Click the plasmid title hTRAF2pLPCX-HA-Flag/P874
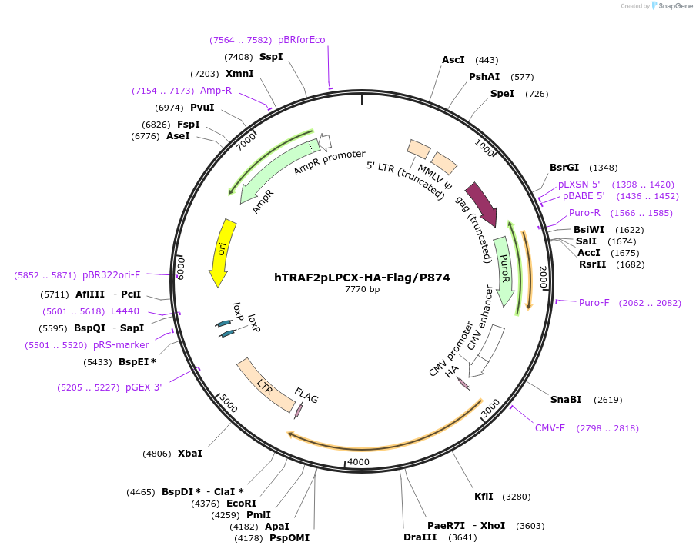point(362,278)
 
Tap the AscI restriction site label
point(453,60)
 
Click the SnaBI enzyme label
point(566,399)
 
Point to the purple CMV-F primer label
point(550,427)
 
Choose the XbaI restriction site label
point(190,453)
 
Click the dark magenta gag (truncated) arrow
point(481,204)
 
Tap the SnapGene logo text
point(672,6)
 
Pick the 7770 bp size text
point(362,290)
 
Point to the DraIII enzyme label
point(420,537)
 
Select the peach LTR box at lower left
point(266,384)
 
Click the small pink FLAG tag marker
point(299,411)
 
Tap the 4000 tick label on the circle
point(359,462)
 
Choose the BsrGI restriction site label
point(564,168)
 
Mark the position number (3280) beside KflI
point(516,497)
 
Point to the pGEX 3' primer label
point(143,387)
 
